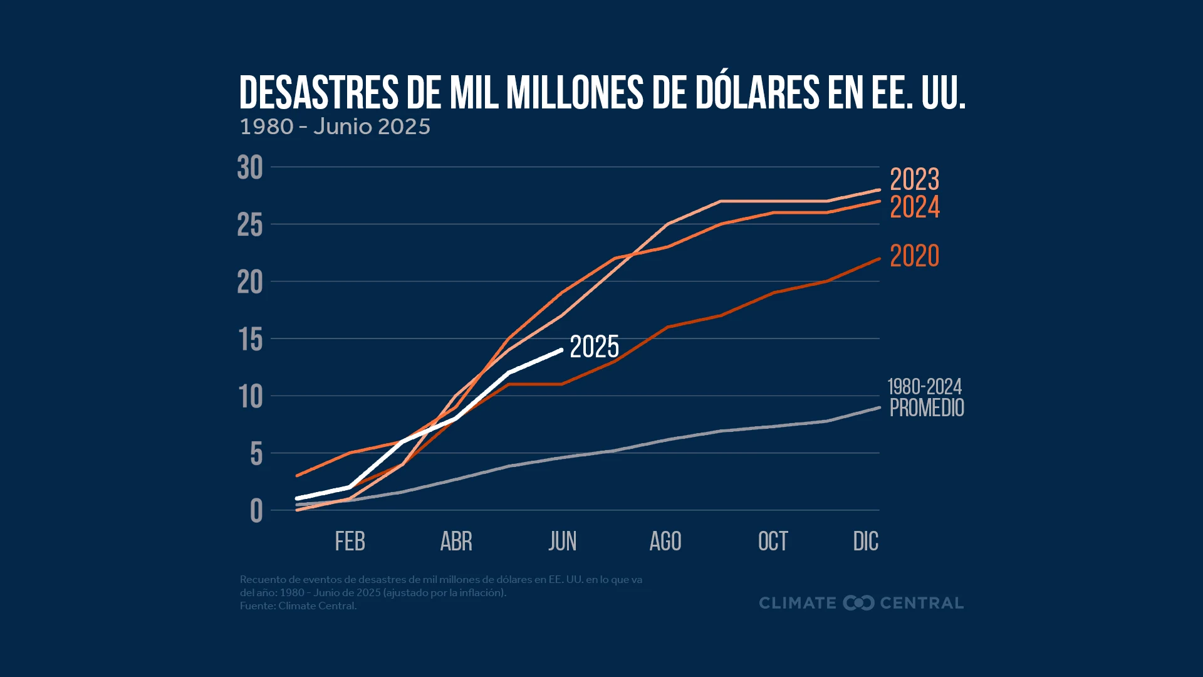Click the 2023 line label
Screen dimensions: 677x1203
pos(914,180)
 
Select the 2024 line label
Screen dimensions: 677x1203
pos(914,207)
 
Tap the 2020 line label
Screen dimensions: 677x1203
pos(914,256)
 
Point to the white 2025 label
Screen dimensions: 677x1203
pos(594,347)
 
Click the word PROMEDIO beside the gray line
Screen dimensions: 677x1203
pos(926,408)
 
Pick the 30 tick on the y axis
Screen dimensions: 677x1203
pos(250,168)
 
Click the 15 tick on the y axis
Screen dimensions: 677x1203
pos(251,340)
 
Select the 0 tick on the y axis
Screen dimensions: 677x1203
pos(256,511)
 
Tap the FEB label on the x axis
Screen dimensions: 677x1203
pos(350,542)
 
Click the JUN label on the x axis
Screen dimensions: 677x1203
pos(562,542)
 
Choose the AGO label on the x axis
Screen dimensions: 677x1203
pos(665,542)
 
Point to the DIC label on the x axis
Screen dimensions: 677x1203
pos(865,542)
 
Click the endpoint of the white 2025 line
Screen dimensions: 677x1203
pos(561,350)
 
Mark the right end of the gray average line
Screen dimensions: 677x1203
pos(879,407)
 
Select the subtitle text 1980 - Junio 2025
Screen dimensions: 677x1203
pos(335,127)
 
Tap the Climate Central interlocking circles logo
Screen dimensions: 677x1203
pos(858,603)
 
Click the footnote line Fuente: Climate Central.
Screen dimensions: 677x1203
pos(298,606)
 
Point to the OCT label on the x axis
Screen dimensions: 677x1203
pos(773,542)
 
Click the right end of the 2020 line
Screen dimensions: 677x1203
pos(879,259)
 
